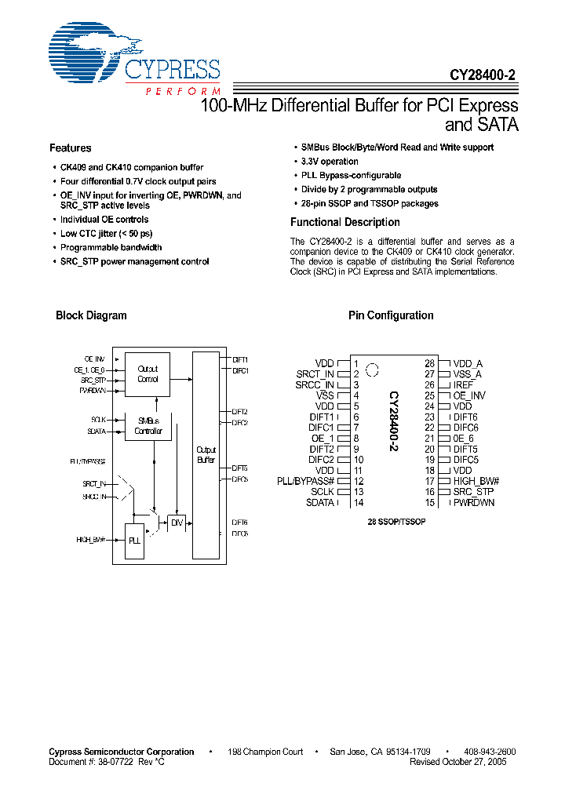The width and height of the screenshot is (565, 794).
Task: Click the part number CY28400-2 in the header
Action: point(483,76)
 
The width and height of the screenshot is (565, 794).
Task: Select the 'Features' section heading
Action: point(70,148)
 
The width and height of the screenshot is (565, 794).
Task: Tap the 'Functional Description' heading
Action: point(344,223)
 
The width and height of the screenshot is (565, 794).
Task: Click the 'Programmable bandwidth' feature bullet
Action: point(111,248)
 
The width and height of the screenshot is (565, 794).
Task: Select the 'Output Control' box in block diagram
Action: point(148,373)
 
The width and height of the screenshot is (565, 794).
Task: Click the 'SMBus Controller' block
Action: point(148,426)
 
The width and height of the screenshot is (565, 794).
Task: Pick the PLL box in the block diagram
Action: point(136,541)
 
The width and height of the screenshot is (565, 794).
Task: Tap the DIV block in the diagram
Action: point(177,522)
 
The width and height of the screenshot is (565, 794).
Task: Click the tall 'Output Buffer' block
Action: point(206,455)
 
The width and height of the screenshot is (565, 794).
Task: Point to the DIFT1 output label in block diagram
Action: point(240,359)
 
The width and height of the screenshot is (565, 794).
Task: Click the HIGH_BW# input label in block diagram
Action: point(91,540)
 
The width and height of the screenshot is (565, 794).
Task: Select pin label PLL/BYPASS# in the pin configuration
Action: point(305,481)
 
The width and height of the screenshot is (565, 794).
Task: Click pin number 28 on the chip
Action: point(430,364)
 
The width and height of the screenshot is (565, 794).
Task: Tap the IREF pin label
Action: point(463,385)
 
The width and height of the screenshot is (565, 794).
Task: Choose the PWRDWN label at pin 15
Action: point(474,502)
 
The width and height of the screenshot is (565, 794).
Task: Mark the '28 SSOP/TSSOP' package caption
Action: point(395,521)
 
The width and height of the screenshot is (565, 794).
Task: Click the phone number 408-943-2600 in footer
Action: point(490,752)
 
